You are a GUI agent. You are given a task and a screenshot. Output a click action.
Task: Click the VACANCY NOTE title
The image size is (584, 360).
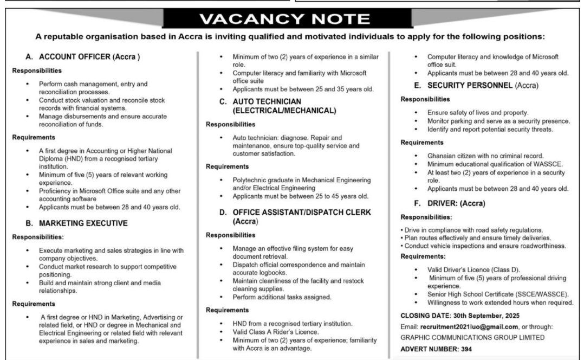(x=292, y=20)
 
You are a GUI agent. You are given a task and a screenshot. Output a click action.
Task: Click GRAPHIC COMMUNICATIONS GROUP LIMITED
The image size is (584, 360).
(x=472, y=337)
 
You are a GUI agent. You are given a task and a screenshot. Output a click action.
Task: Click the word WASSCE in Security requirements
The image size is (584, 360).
(x=548, y=164)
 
